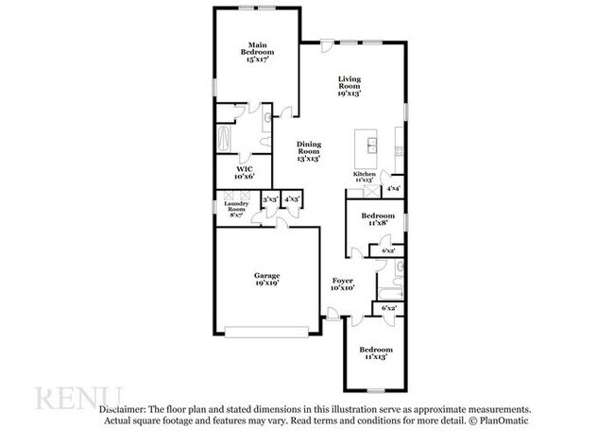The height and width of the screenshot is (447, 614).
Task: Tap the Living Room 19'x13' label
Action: click(350, 86)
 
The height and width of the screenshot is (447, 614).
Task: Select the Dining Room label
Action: click(309, 151)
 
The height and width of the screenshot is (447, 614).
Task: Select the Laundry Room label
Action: click(235, 209)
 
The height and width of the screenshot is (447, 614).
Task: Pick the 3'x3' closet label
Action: click(270, 199)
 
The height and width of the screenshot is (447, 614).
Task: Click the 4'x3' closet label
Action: click(292, 199)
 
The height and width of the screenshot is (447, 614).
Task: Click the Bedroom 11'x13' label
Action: click(375, 353)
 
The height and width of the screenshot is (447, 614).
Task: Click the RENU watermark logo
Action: click(80, 397)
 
